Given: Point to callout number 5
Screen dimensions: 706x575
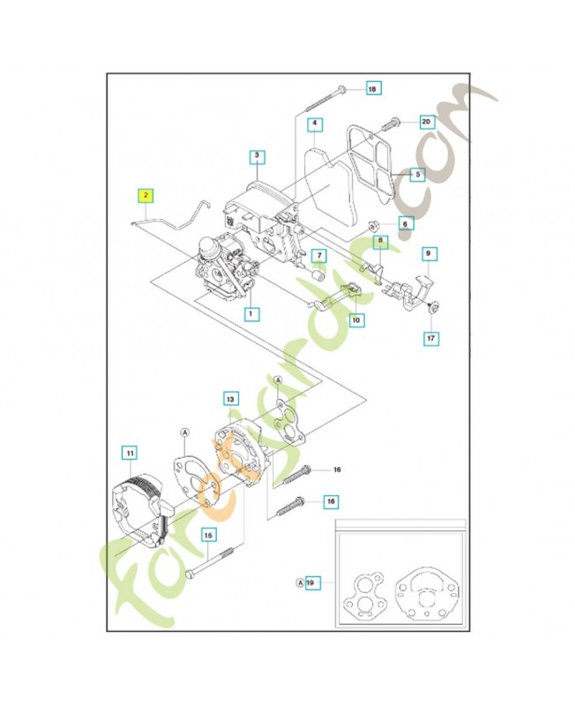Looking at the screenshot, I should [x=315, y=124].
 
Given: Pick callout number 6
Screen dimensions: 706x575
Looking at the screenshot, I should [x=322, y=256].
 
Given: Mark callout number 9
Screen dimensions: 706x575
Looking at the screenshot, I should [x=429, y=255].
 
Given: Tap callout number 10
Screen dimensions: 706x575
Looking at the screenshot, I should [x=355, y=320].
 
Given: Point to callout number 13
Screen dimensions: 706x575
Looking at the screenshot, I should [x=231, y=399].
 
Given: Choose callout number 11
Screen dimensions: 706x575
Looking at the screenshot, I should [x=130, y=454].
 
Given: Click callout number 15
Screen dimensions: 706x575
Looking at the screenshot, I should [x=208, y=534].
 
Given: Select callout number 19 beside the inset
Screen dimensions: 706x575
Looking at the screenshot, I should [x=311, y=583].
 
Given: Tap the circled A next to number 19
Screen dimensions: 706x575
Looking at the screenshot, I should [x=300, y=583].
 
